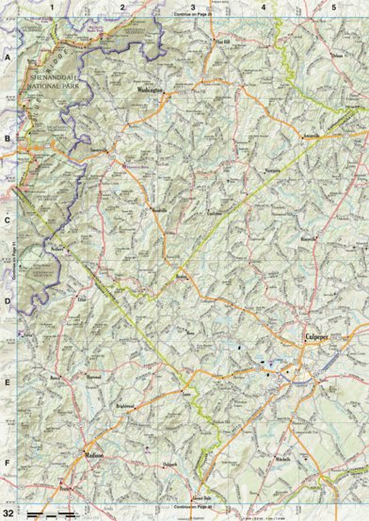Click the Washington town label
(151, 90)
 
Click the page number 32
(10, 512)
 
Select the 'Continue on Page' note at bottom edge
(192, 506)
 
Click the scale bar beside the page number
(52, 513)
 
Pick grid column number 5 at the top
(333, 7)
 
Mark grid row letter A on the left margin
(8, 57)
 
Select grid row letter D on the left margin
(8, 301)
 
